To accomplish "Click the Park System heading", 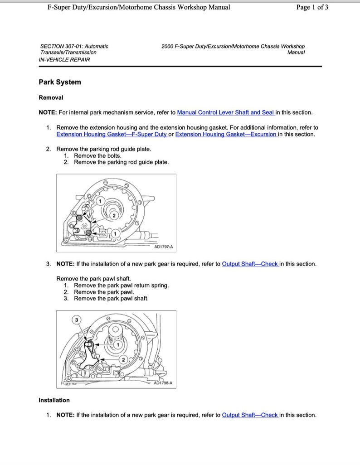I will (60, 82).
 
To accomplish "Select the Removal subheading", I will (51, 97).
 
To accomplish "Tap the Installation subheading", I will (54, 400).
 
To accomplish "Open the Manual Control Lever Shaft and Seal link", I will (226, 112).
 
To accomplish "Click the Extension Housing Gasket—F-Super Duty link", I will (111, 134).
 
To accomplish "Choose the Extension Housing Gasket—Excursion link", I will (226, 134).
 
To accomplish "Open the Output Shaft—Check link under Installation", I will (250, 415).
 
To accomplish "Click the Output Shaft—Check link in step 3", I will (250, 264).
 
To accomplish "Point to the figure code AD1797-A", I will (164, 247).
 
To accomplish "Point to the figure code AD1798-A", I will (163, 383).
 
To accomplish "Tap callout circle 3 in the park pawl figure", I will (77, 320).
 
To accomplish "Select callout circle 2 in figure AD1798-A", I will (122, 359).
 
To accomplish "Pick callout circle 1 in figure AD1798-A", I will (118, 344).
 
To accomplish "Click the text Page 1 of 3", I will (312, 7).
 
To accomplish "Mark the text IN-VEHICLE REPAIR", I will (64, 60).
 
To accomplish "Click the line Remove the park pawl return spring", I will (121, 286).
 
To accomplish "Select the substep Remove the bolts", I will (97, 155).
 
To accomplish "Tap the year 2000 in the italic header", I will (168, 46).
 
